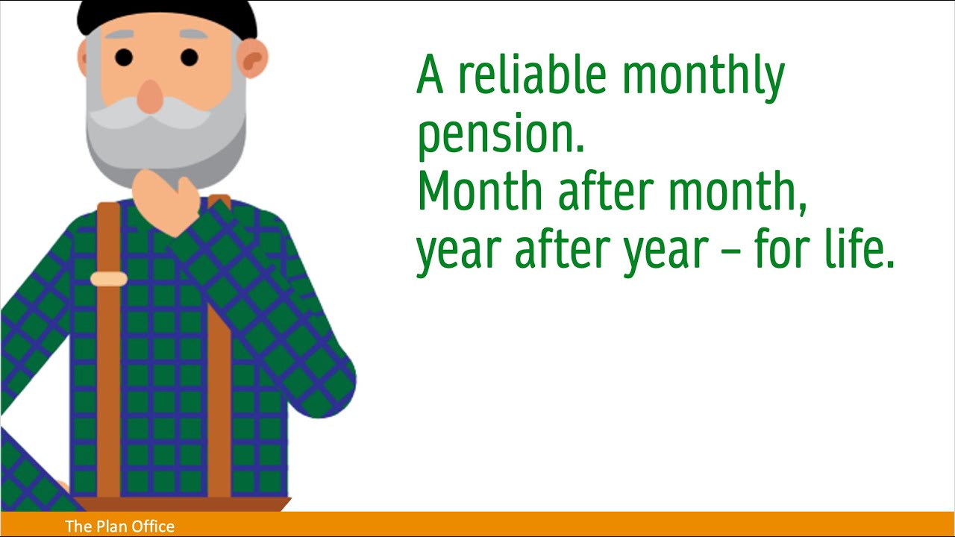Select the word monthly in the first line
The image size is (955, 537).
coord(703,77)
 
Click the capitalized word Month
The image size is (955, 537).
coord(479,192)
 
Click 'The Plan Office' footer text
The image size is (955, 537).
coord(119,527)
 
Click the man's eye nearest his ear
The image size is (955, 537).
coord(190,57)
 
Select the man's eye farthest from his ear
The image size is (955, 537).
coord(124,57)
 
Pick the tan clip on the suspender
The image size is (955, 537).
coord(109,279)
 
